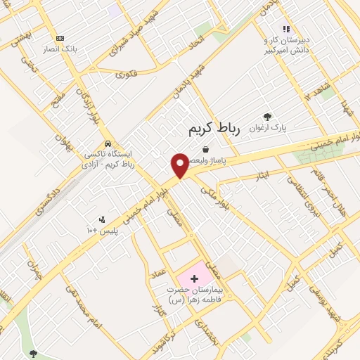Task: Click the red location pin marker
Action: click(x=180, y=166)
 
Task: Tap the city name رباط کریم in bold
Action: click(x=214, y=129)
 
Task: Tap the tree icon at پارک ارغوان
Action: click(x=266, y=117)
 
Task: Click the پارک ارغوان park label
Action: click(x=273, y=129)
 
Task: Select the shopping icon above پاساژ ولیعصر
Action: click(x=205, y=149)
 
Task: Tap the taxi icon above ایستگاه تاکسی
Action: click(x=107, y=143)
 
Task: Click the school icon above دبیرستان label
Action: click(x=285, y=29)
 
